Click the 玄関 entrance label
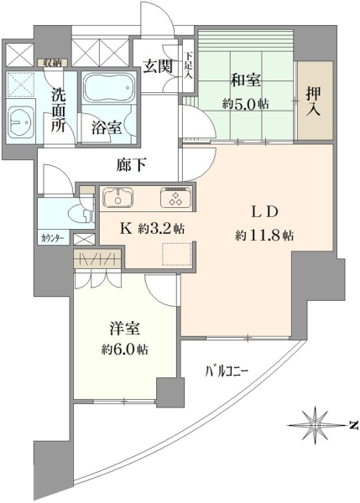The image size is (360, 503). pos(158,67)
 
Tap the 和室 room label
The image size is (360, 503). pos(246,80)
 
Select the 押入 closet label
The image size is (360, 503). pos(313,102)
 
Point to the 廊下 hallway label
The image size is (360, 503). pos(132,165)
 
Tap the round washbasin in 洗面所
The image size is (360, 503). pos(19,121)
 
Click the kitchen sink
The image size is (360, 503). pos(118,197)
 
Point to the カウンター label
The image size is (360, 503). pos(54,238)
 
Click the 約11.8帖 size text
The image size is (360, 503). pos(264,236)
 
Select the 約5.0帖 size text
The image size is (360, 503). pos(246,104)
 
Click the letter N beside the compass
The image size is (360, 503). pos(354,425)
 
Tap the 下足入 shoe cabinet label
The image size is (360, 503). pos(189,65)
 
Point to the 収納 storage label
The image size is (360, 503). pos(52,63)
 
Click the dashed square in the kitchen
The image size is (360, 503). pos(177,254)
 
